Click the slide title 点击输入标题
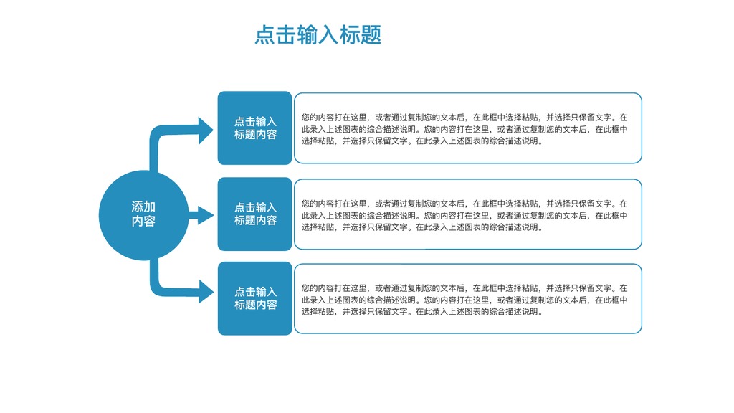pyautogui.click(x=318, y=35)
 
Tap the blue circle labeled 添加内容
pyautogui.click(x=143, y=215)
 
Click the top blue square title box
pyautogui.click(x=254, y=128)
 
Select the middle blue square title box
pyautogui.click(x=254, y=214)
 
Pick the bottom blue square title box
pyautogui.click(x=254, y=298)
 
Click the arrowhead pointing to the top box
pyautogui.click(x=205, y=130)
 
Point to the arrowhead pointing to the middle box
pyautogui.click(x=205, y=215)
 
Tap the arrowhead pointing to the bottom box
pyautogui.click(x=205, y=291)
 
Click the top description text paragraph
pyautogui.click(x=464, y=129)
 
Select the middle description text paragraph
pyautogui.click(x=464, y=215)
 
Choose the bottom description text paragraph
pyautogui.click(x=464, y=300)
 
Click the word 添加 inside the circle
pyautogui.click(x=143, y=206)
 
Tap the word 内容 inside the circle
pyautogui.click(x=143, y=221)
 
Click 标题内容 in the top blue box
pyautogui.click(x=256, y=134)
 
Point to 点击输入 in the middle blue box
pyautogui.click(x=256, y=207)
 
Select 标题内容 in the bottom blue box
pyautogui.click(x=256, y=305)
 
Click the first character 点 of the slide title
pyautogui.click(x=265, y=35)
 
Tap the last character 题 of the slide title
pyautogui.click(x=371, y=35)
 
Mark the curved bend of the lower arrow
pyautogui.click(x=156, y=288)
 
